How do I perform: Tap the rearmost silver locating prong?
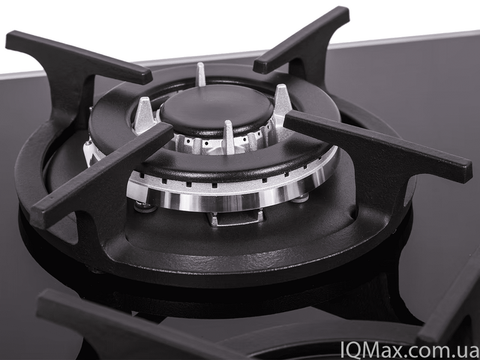201,74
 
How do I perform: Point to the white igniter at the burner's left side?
89,152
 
